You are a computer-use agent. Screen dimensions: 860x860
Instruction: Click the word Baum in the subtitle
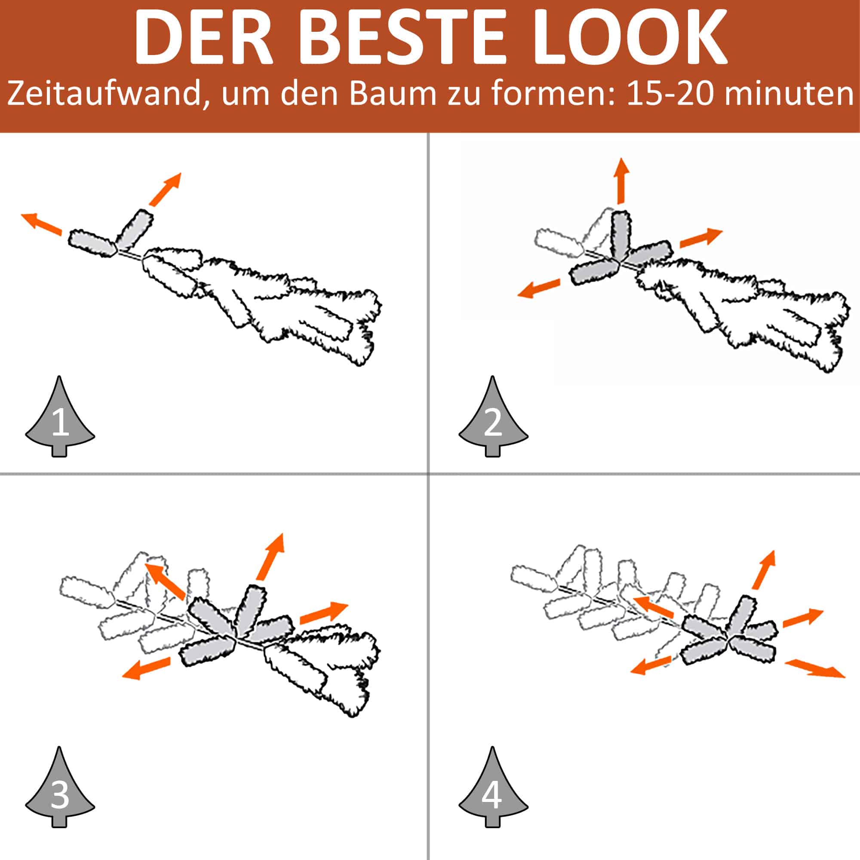[x=392, y=93]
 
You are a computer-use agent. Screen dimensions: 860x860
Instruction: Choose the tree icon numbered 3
[x=60, y=787]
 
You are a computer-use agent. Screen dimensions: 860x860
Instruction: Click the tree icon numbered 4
[x=493, y=787]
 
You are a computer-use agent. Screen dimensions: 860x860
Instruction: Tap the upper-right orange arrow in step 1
[x=165, y=189]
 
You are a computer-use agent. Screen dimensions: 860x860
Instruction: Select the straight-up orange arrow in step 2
[x=621, y=180]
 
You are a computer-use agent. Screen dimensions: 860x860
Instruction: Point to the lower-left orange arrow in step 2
[x=538, y=288]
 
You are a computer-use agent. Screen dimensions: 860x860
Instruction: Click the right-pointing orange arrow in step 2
[x=701, y=238]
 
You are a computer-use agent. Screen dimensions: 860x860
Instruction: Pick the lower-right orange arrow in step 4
[x=814, y=669]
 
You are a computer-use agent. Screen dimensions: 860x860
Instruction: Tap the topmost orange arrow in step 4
[x=764, y=570]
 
